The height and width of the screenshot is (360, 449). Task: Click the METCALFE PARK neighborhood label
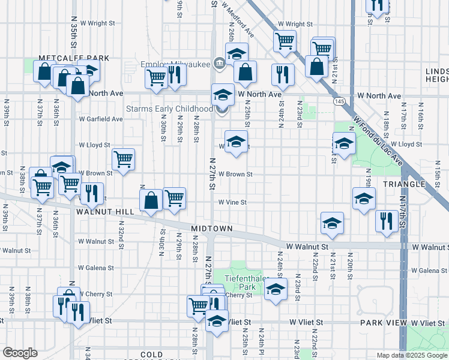point(74,58)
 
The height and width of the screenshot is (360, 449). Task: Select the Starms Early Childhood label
point(169,109)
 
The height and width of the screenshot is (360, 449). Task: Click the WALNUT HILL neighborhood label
point(100,212)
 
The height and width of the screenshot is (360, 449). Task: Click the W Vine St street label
point(232,203)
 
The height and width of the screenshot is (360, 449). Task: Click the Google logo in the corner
point(20,353)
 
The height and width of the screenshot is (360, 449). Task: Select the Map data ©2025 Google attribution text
point(411,355)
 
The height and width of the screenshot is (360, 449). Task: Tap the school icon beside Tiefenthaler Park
point(275,290)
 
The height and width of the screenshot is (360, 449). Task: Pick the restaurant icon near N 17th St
point(384,220)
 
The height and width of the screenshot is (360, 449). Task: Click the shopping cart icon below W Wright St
point(284,41)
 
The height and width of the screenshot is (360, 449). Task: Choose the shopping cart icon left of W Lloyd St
point(123,159)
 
